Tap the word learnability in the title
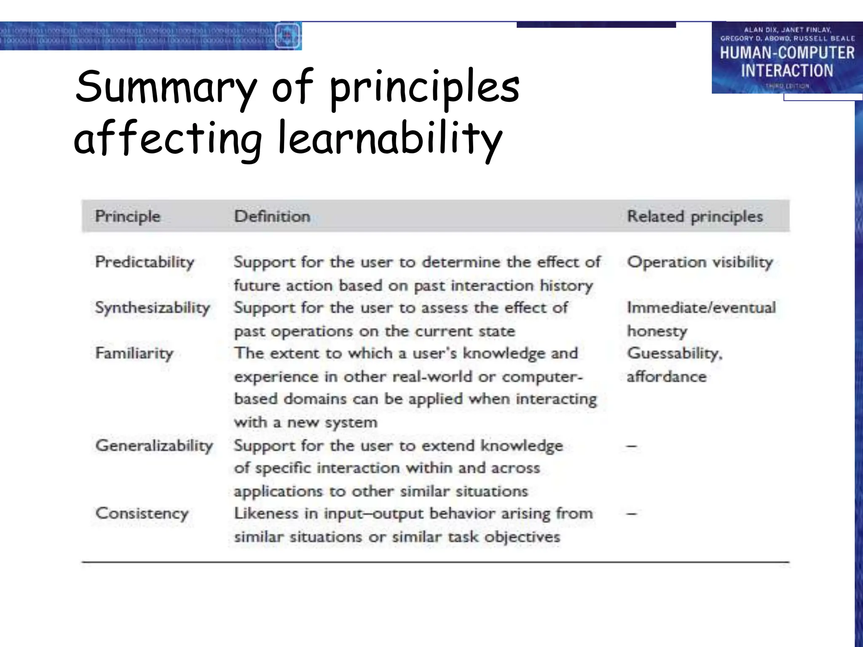coord(390,139)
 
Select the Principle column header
coord(128,216)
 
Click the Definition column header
coord(272,216)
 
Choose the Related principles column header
coord(695,216)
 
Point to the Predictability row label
coord(145,262)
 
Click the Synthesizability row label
coord(153,307)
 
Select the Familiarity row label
coord(134,353)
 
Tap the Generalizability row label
coord(154,445)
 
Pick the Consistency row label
coord(142,513)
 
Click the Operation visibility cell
coord(700,262)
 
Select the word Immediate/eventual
coord(701,307)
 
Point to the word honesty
coord(657,331)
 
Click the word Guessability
coord(674,353)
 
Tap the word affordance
coord(666,377)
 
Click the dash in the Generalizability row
coord(631,446)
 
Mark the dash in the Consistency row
coord(631,513)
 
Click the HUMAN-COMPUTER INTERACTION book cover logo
coord(787,58)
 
